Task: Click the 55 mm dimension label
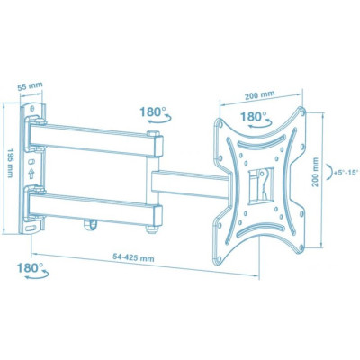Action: point(31,87)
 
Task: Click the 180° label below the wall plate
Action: point(29,268)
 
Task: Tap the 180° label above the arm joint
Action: point(152,112)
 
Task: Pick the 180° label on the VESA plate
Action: point(256,117)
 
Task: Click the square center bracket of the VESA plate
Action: point(257,184)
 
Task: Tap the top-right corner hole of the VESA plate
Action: point(300,117)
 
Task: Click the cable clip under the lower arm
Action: point(90,238)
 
